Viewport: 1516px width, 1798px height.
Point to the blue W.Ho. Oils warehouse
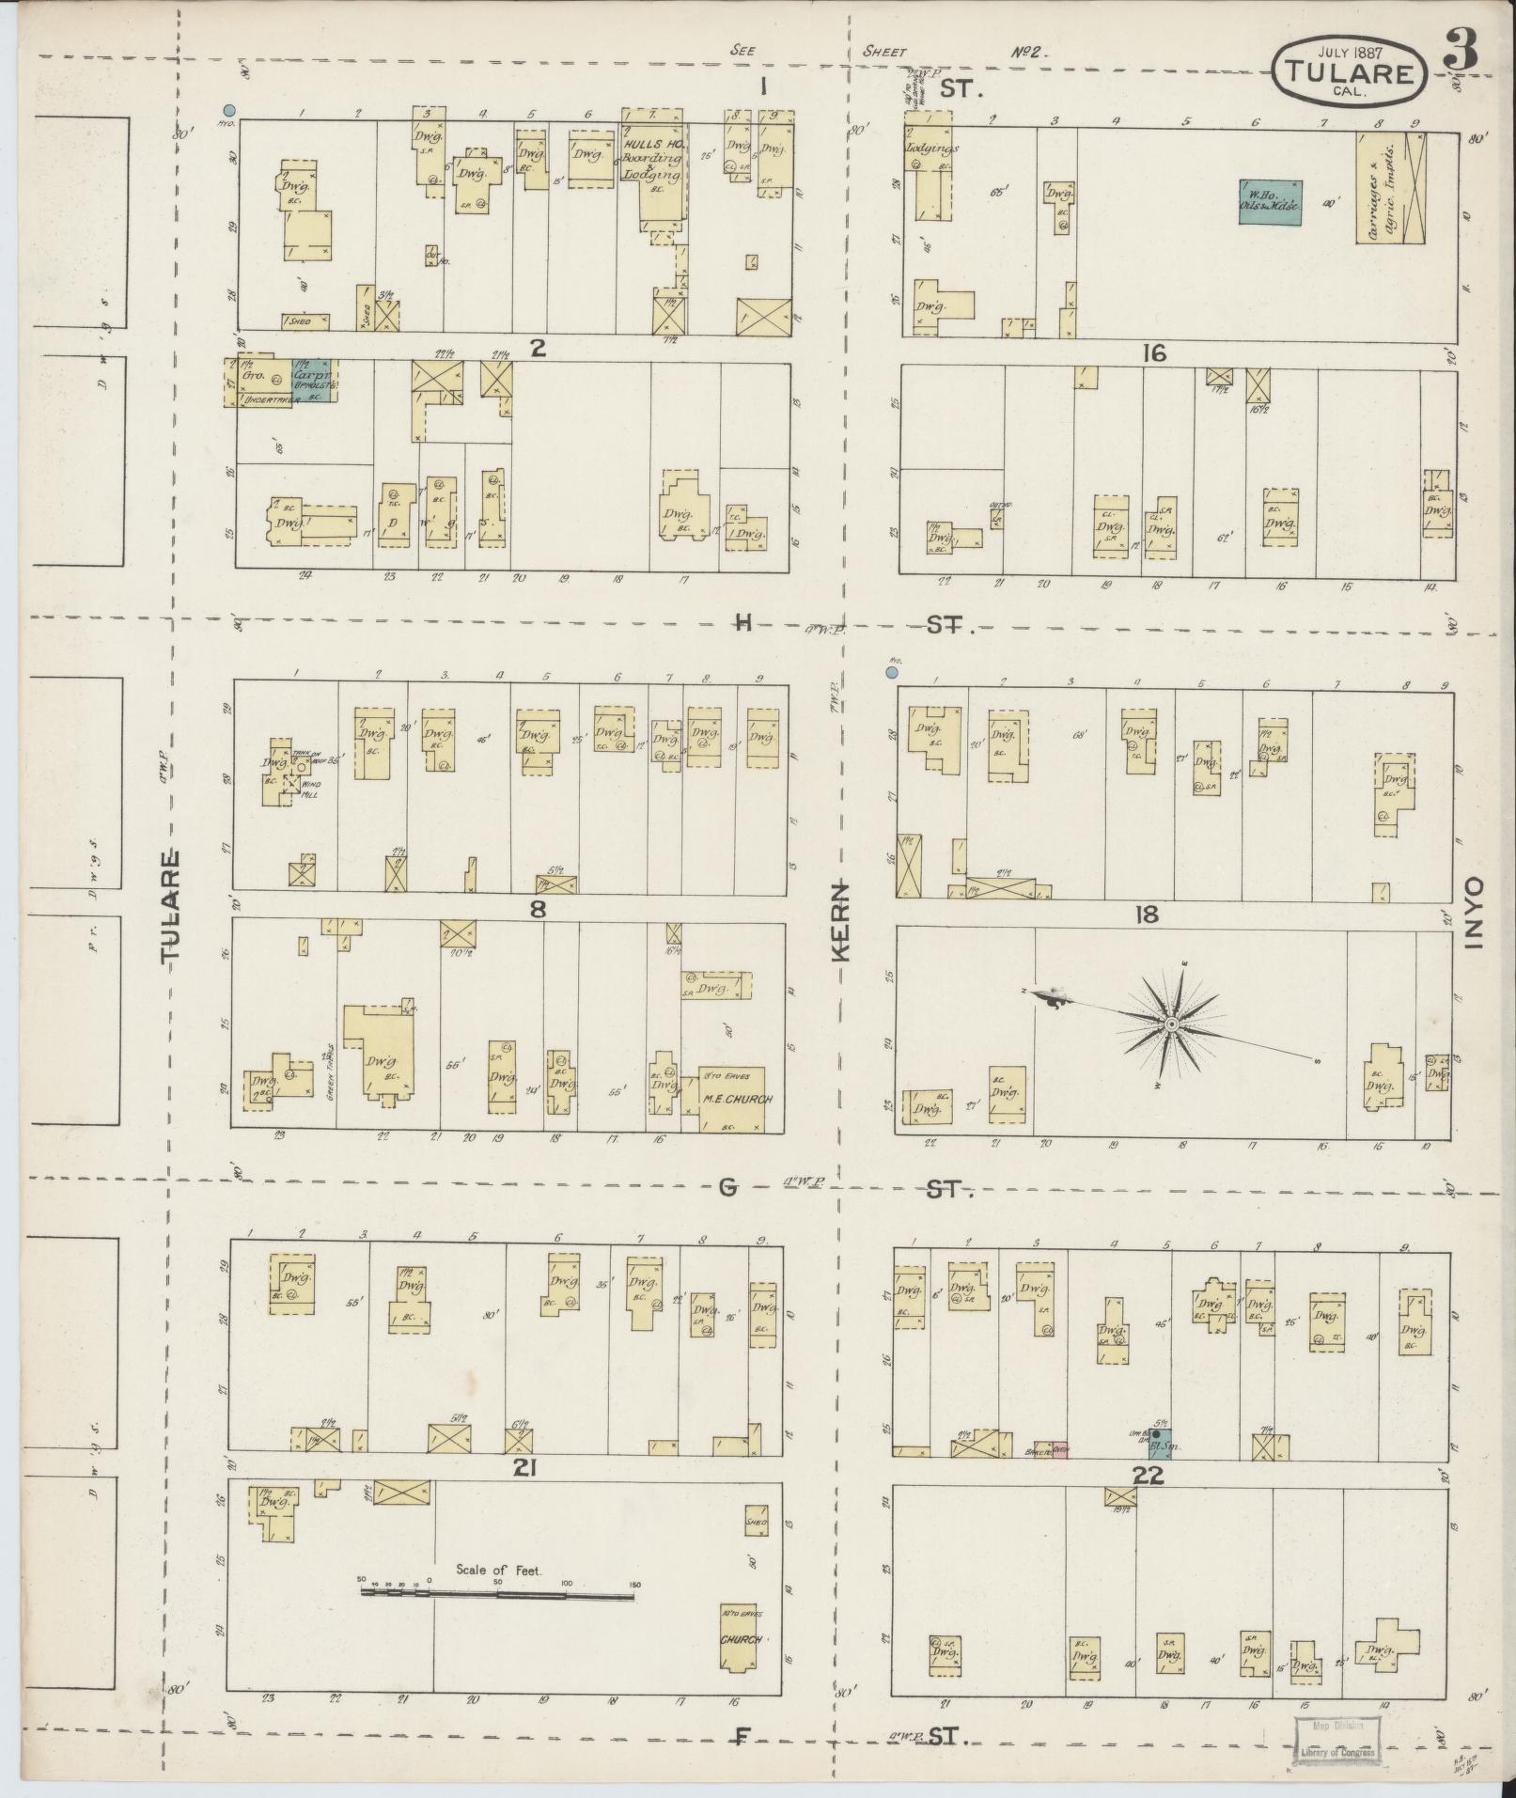(x=1270, y=201)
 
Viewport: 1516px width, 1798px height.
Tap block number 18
(x=1147, y=915)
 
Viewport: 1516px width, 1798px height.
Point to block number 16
(x=1154, y=353)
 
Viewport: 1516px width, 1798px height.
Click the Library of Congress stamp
(x=1336, y=1738)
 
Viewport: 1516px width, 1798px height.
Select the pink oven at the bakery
(x=1061, y=1477)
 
